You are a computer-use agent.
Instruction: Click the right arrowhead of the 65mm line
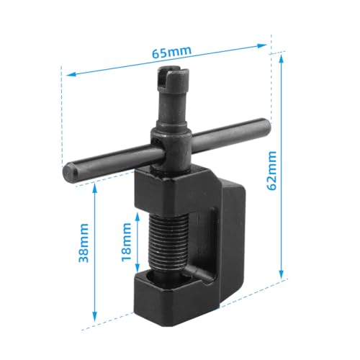pos(267,45)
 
